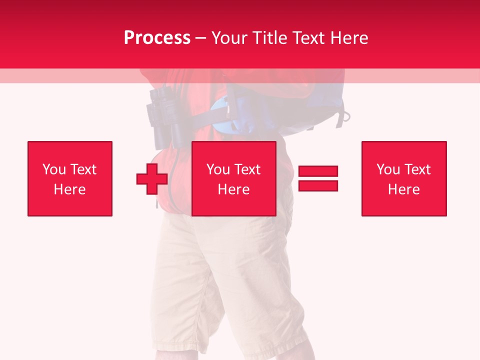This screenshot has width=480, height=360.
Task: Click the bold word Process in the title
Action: (157, 38)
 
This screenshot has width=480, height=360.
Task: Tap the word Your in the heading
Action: (228, 38)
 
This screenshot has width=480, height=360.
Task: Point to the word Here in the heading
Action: (349, 38)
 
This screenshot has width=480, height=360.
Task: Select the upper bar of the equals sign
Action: (318, 171)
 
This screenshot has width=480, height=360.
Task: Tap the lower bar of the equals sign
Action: (318, 186)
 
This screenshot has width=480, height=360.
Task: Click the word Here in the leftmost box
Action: (69, 189)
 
